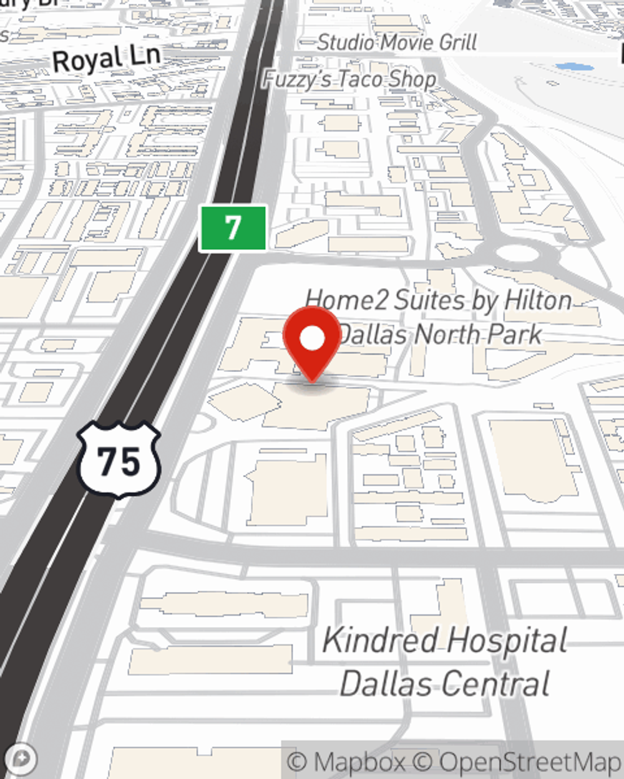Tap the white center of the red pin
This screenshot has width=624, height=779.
(x=312, y=339)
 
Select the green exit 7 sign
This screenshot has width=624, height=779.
(x=233, y=228)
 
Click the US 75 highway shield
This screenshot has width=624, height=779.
(x=119, y=461)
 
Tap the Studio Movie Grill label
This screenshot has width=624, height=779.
(x=397, y=42)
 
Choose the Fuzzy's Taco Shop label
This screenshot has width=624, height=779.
(x=349, y=79)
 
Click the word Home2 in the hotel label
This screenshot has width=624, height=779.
(x=347, y=300)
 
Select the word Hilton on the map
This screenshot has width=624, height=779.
(x=537, y=300)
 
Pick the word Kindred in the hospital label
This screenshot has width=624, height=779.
(x=381, y=641)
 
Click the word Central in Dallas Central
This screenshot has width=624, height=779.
(x=499, y=684)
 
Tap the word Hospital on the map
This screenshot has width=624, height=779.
(x=507, y=641)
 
